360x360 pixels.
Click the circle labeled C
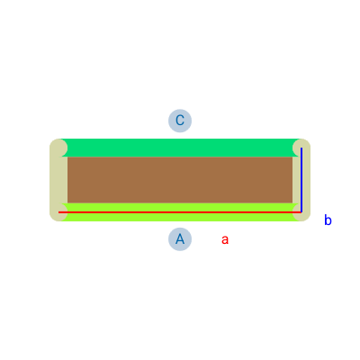tap(180, 121)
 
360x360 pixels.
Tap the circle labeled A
tap(180, 239)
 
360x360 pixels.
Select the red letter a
tap(225, 239)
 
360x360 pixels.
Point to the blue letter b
tap(328, 220)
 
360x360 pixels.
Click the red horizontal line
tap(180, 212)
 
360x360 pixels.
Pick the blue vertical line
tap(301, 180)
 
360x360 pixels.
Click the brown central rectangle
tap(180, 180)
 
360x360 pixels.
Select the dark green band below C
tap(180, 148)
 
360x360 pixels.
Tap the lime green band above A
tap(180, 212)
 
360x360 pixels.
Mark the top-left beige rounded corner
tap(58, 148)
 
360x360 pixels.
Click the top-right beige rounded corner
tap(301, 148)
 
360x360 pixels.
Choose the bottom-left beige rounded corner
tap(58, 212)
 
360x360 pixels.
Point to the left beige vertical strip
tap(58, 180)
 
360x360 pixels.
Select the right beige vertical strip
tap(301, 180)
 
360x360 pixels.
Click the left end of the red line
tap(58, 212)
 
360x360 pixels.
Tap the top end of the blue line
tap(301, 148)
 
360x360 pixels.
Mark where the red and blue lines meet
tap(301, 212)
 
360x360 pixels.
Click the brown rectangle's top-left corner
tap(67, 157)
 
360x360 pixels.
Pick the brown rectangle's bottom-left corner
tap(67, 203)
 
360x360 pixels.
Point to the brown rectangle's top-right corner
tap(292, 157)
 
